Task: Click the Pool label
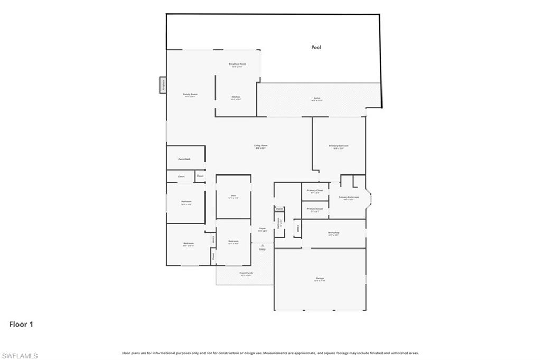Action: pyautogui.click(x=316, y=48)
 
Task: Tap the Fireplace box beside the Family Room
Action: pyautogui.click(x=163, y=84)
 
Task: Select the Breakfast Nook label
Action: pyautogui.click(x=237, y=64)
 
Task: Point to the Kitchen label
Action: pyautogui.click(x=236, y=97)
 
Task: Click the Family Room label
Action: pyautogui.click(x=190, y=94)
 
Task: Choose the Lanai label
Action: pyautogui.click(x=317, y=98)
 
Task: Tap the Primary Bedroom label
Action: pyautogui.click(x=338, y=146)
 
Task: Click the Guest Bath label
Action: pyautogui.click(x=184, y=159)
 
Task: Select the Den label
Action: pyautogui.click(x=233, y=196)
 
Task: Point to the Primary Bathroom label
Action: pyautogui.click(x=349, y=197)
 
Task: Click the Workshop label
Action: pyautogui.click(x=333, y=233)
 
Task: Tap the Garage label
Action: pyautogui.click(x=320, y=278)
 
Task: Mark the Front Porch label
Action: pyautogui.click(x=246, y=273)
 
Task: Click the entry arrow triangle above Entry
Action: pyautogui.click(x=262, y=245)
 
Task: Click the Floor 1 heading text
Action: pyautogui.click(x=21, y=325)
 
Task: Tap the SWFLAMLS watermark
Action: pyautogui.click(x=20, y=356)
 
